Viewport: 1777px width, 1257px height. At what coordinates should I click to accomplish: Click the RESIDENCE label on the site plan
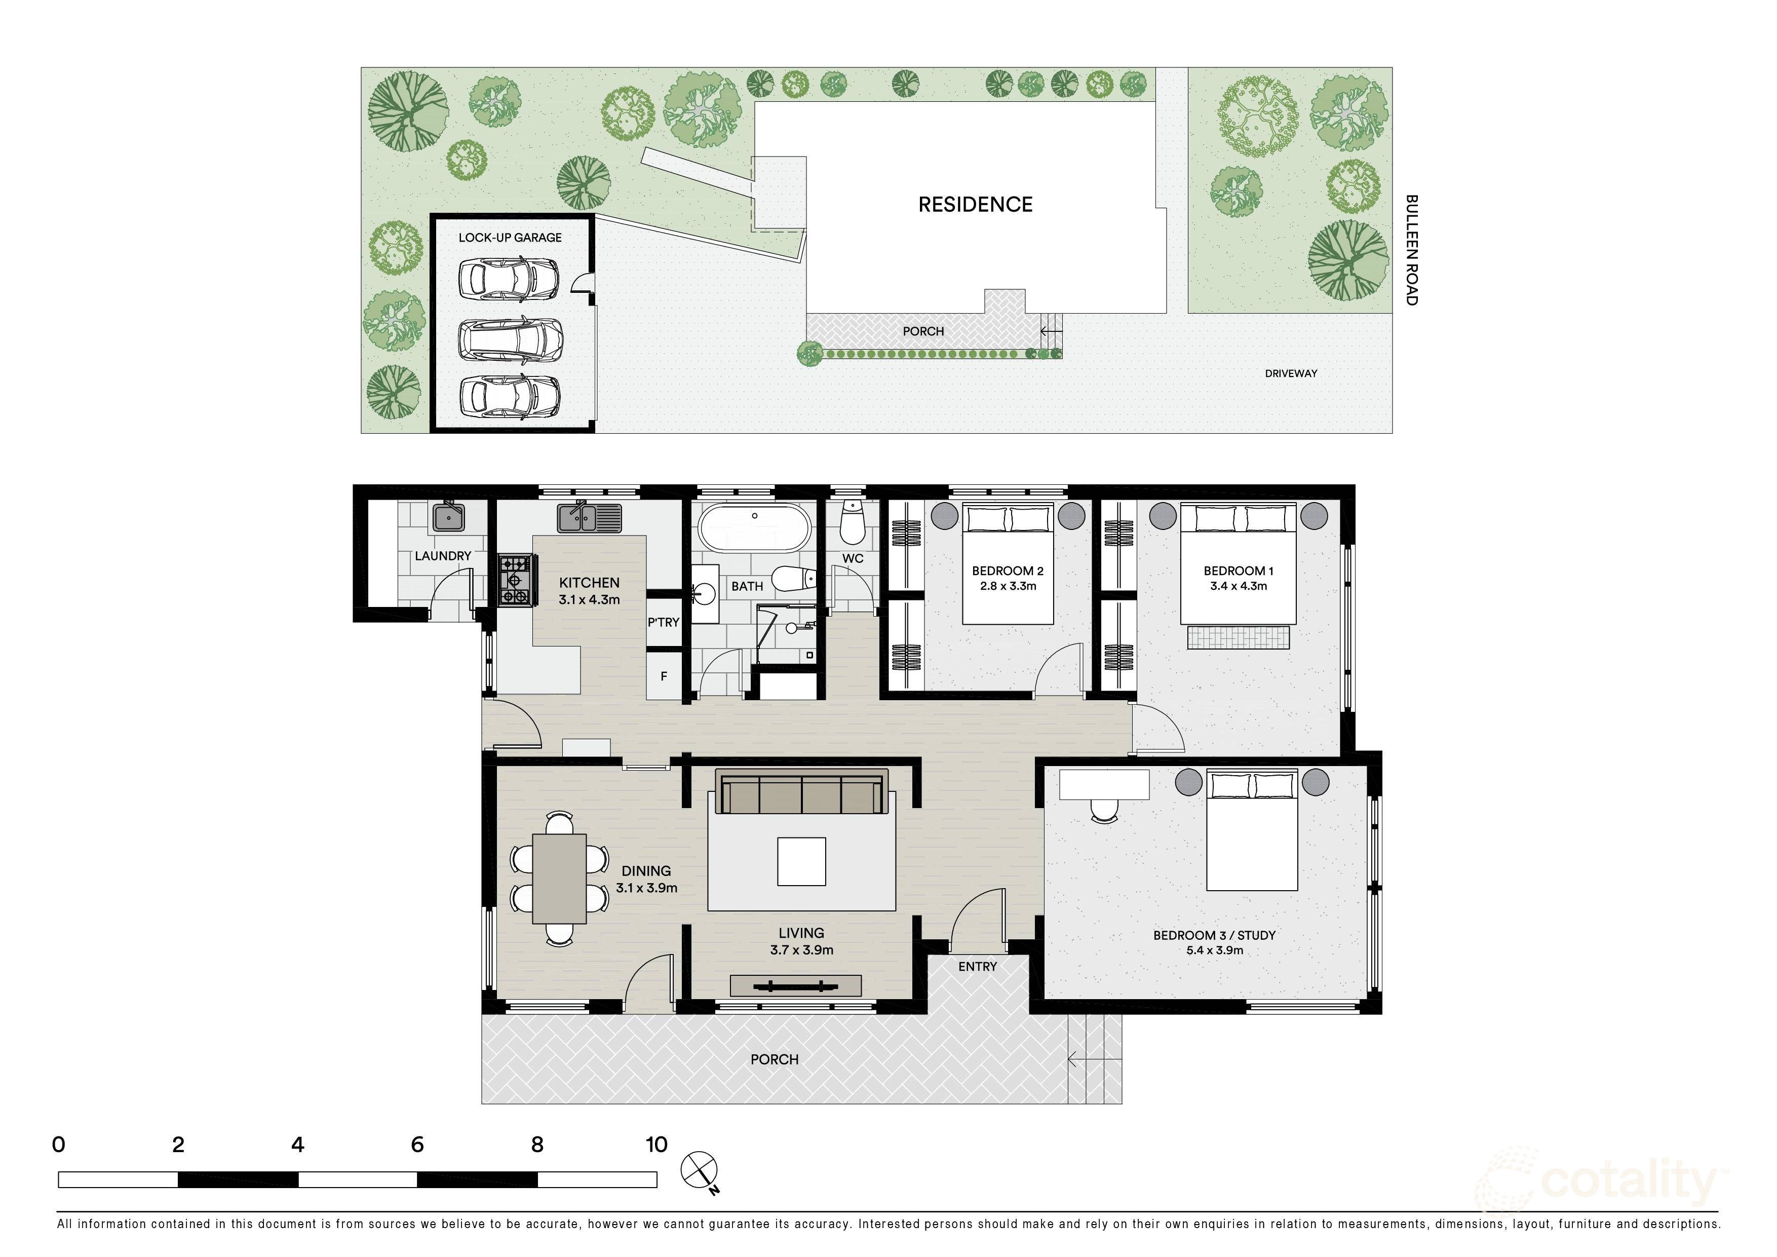975,204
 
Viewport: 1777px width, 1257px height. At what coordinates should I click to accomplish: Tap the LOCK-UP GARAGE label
510,238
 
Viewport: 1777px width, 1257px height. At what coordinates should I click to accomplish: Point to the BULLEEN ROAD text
1412,250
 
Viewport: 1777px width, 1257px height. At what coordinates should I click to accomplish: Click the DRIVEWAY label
1291,373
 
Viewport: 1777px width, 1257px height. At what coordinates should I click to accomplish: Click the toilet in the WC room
852,522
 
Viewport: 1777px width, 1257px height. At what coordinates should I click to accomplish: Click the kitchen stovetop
515,579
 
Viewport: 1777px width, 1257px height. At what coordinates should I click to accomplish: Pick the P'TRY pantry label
663,622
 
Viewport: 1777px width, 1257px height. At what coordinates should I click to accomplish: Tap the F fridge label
663,676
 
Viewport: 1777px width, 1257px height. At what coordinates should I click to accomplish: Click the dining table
559,879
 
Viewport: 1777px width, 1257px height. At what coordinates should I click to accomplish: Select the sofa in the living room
802,792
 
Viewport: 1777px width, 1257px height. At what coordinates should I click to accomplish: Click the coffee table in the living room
802,861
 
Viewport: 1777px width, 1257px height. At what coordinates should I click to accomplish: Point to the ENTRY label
978,967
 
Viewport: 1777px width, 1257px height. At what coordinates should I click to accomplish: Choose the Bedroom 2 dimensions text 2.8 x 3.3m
1008,586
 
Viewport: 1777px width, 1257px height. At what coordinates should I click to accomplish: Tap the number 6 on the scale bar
417,1145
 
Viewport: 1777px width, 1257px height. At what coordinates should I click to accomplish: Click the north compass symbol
700,1171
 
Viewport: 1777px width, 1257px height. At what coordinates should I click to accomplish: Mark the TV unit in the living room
796,985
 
